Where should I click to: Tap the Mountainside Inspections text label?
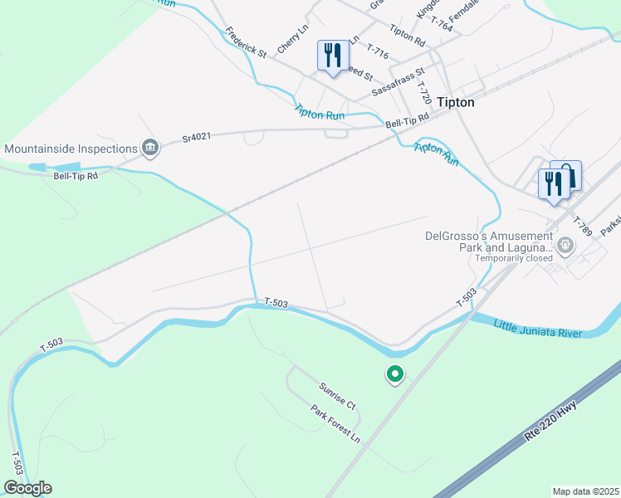(71, 149)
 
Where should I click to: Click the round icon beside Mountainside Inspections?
(149, 149)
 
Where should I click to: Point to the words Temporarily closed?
(514, 258)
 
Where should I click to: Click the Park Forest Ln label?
(336, 423)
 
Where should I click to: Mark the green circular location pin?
(395, 375)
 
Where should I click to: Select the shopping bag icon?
(566, 175)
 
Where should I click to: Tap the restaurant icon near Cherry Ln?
(331, 56)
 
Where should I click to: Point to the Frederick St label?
(246, 43)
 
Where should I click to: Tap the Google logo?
(27, 488)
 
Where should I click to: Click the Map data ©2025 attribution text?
(585, 491)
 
